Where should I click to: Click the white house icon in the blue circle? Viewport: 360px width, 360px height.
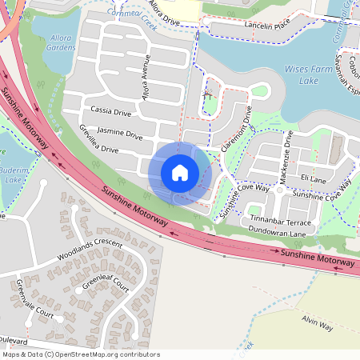[x=180, y=172]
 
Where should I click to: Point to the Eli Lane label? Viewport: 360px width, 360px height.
[x=313, y=180]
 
